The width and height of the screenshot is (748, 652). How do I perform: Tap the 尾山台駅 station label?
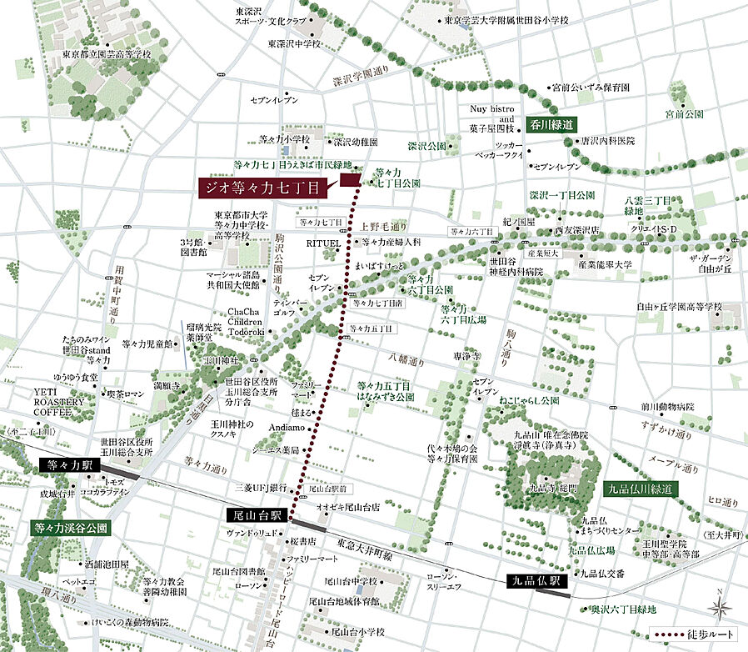(256, 516)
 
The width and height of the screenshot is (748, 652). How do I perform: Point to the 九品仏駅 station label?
(536, 579)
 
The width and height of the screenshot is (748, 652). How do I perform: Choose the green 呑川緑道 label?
(551, 124)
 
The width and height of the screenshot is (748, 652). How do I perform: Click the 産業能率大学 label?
(607, 264)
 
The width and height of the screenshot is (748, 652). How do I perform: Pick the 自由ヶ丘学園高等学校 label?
(679, 307)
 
